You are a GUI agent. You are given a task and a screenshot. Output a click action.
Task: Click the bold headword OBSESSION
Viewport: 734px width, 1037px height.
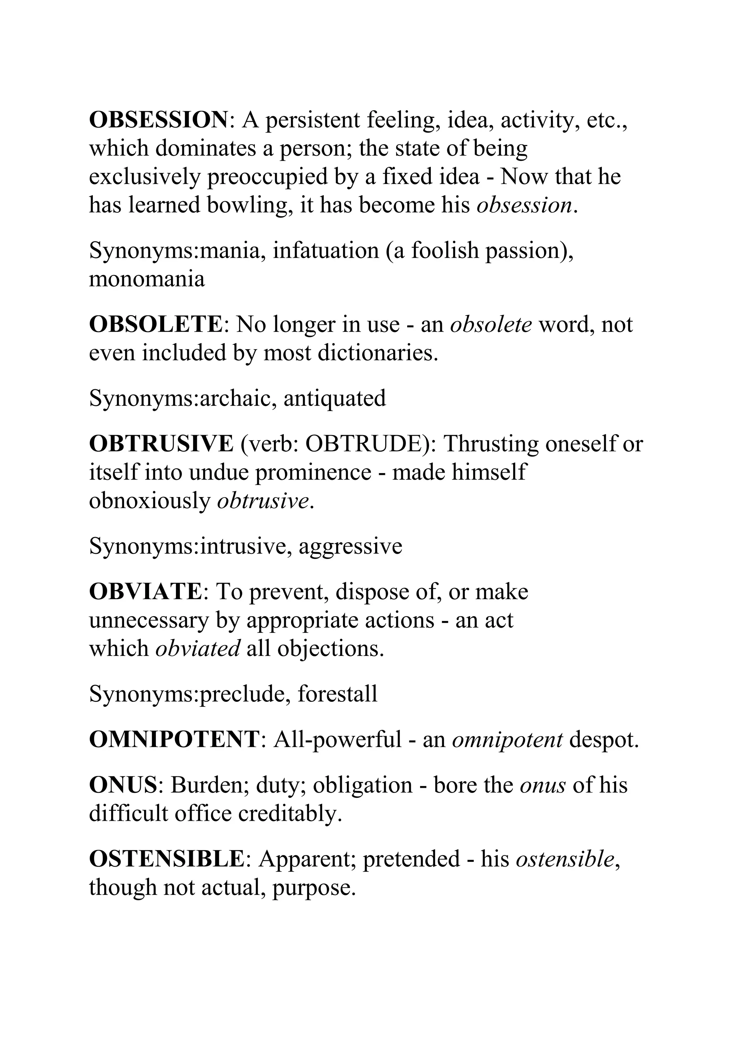158,120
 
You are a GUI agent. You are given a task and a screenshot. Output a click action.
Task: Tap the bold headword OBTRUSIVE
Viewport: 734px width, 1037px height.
161,444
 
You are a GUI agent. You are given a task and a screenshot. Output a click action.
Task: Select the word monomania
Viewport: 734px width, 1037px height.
147,279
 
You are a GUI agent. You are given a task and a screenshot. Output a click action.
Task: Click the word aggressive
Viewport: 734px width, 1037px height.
350,546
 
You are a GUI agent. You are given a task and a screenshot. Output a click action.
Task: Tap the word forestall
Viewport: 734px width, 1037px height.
337,693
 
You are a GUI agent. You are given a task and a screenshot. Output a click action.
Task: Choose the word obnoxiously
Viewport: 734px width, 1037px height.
149,501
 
